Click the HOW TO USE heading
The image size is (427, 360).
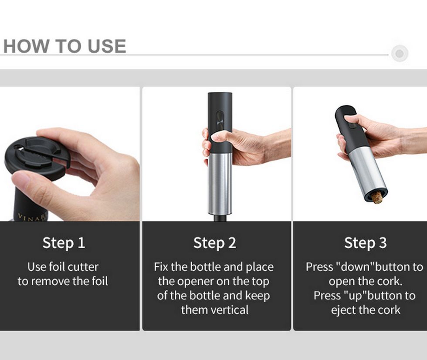point(64,46)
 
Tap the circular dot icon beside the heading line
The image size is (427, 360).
point(400,54)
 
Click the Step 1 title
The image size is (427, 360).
point(64,243)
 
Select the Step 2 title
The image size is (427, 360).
point(214,243)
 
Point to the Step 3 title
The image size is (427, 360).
point(366,243)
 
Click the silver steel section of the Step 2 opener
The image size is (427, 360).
point(220,184)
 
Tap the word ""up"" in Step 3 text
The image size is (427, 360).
point(356,296)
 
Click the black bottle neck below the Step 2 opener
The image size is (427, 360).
point(220,218)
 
